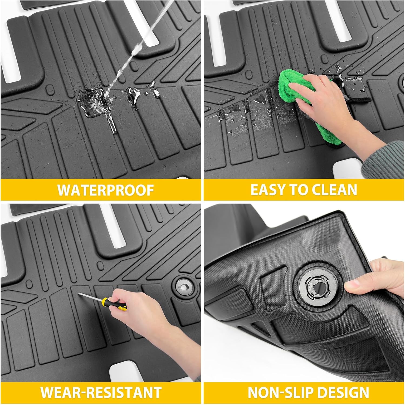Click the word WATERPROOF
(x=106, y=190)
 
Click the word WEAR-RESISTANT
(x=101, y=392)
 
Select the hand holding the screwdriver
(x=135, y=310)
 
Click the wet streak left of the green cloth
(x=243, y=119)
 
